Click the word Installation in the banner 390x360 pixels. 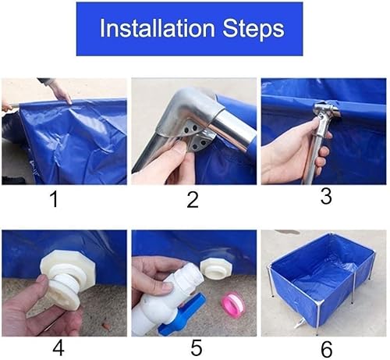(158, 28)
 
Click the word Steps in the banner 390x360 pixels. (253, 29)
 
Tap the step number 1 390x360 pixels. (55, 199)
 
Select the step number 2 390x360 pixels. (193, 199)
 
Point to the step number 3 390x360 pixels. (326, 196)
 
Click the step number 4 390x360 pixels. (58, 348)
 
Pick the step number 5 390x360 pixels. (197, 348)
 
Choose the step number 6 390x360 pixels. (327, 349)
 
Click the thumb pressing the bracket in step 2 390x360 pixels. (179, 149)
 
